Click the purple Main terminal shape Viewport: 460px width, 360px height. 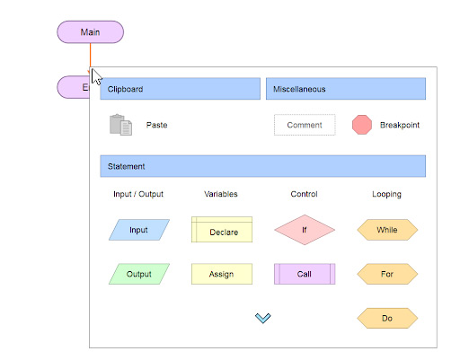(x=90, y=32)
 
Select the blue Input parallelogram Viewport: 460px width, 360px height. (x=139, y=230)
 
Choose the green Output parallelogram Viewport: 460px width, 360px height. (x=139, y=274)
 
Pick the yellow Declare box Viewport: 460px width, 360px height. (x=222, y=230)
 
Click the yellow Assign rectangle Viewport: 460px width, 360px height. (x=222, y=274)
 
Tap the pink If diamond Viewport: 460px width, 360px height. (x=305, y=230)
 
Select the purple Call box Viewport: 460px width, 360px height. (x=305, y=274)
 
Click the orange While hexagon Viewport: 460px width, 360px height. (x=387, y=230)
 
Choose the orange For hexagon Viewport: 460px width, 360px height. (x=387, y=274)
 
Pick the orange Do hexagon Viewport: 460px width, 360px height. (x=387, y=318)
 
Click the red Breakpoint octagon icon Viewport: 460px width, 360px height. (x=362, y=125)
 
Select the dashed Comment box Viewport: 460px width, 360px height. (x=305, y=125)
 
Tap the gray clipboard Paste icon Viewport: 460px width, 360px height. (x=120, y=125)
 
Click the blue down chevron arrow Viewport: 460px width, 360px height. (x=263, y=318)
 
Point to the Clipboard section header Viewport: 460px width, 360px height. (x=181, y=89)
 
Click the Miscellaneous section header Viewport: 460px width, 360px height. (x=346, y=89)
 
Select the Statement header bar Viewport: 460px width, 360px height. (x=263, y=166)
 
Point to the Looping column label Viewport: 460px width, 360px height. (x=386, y=194)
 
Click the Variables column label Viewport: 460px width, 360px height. (x=221, y=194)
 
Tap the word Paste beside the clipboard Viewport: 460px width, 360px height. (x=156, y=125)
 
